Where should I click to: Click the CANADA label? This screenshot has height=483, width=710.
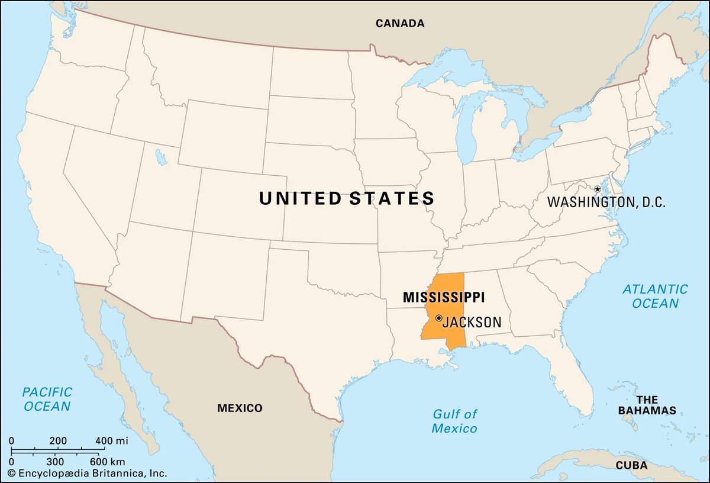401,24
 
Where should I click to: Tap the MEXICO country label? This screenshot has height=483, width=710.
240,408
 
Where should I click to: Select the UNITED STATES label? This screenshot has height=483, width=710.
347,198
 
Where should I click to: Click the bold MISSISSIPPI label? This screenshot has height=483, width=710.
444,297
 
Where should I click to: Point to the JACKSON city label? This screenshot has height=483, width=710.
472,323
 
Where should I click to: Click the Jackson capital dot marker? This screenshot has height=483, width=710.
438,318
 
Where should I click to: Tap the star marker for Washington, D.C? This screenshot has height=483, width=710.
598,189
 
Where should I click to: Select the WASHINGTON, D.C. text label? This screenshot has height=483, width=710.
606,202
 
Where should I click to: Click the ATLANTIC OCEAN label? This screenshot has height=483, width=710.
655,296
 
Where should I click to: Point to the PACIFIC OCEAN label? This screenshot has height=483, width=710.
47,399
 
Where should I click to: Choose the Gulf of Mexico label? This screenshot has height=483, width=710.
454,421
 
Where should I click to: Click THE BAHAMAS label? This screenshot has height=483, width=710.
647,405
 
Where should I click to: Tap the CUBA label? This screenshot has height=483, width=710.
631,465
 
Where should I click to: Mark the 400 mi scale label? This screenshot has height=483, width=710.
112,441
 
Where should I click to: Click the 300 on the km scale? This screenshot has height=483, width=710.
54,461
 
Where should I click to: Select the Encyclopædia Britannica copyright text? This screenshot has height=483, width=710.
89,474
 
